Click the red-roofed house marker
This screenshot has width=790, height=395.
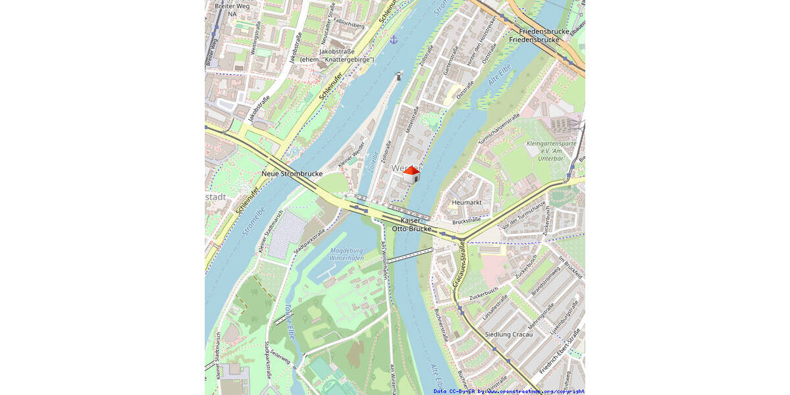[x=411, y=174]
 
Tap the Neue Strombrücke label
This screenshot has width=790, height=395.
[x=292, y=174]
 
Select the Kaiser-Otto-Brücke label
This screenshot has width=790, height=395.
[x=411, y=224]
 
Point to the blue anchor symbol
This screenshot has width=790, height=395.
[x=394, y=40]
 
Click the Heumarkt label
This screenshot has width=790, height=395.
[x=467, y=203]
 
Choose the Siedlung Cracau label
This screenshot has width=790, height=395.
[x=508, y=334]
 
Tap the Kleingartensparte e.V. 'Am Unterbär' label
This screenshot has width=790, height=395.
[x=552, y=151]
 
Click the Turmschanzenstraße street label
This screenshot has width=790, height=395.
[x=499, y=128]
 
